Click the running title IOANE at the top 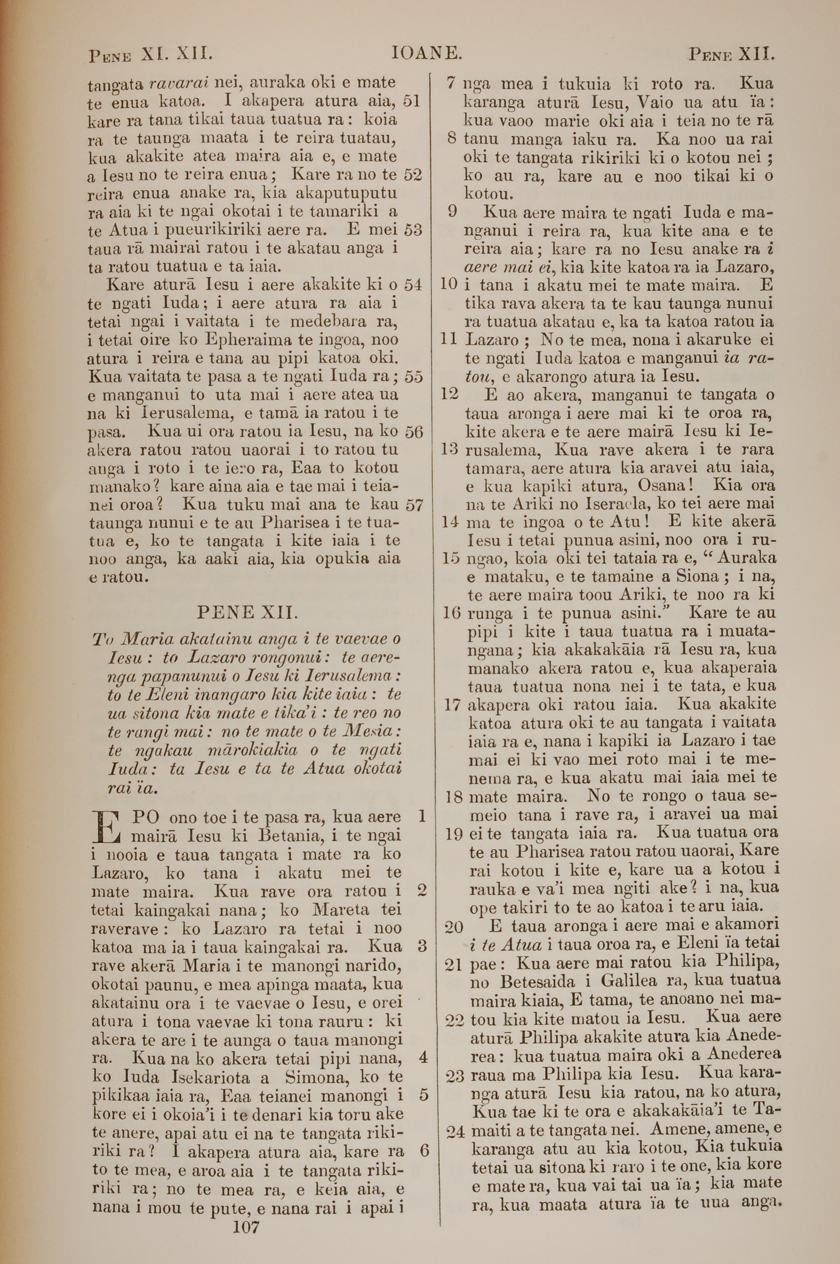coord(426,54)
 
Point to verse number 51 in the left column coord(412,101)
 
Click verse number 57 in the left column coord(414,505)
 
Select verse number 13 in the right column coord(449,450)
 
